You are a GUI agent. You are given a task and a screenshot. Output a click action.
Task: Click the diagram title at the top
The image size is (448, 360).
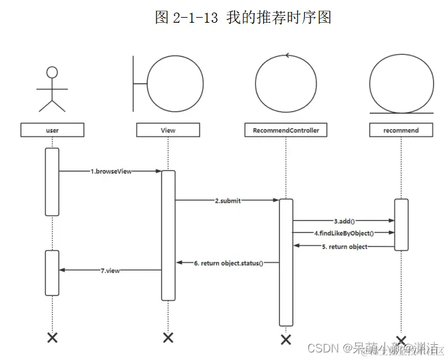(243, 17)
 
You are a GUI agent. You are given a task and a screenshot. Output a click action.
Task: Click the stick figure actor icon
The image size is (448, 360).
(52, 88)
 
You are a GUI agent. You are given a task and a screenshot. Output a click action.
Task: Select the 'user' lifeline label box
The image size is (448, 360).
(52, 130)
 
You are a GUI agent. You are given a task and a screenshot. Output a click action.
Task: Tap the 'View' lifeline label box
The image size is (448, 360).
(168, 130)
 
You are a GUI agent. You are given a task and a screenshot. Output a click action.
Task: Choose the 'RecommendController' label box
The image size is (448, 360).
(286, 130)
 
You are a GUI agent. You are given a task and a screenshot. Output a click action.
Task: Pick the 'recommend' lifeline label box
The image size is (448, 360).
(401, 130)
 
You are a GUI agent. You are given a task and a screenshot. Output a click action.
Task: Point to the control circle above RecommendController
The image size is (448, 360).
(286, 83)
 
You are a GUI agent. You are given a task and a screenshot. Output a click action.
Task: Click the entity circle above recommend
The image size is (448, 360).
(401, 83)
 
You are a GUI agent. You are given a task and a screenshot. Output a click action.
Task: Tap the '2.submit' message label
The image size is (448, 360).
(227, 200)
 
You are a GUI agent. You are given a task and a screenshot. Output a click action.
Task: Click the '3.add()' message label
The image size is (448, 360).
(344, 221)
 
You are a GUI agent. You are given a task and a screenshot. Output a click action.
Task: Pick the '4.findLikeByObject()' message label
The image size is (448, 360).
(344, 233)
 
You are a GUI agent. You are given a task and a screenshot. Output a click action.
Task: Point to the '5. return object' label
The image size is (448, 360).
(345, 247)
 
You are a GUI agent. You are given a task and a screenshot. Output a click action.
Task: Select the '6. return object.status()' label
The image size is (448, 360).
(228, 262)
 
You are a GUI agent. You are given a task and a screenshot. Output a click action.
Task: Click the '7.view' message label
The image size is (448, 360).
(110, 270)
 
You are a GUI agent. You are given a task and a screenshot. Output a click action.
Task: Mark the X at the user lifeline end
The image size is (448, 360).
(52, 337)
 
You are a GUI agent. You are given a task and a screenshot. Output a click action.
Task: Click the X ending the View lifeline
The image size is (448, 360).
(168, 337)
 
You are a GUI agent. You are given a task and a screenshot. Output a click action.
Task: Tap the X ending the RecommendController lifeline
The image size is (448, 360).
(286, 339)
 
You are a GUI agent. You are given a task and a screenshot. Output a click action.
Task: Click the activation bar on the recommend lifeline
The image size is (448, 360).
(401, 224)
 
